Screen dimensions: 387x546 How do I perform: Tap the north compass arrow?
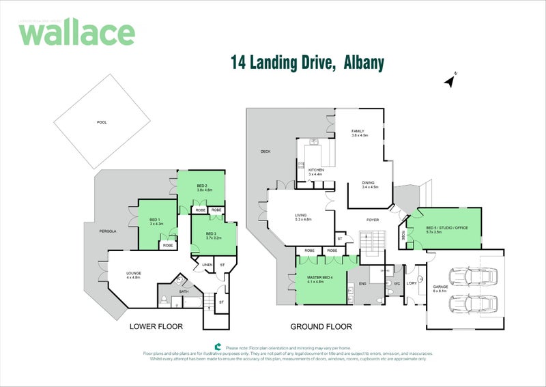(450, 81)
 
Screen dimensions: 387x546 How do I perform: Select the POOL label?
(102, 122)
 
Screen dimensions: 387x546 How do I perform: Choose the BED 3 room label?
(212, 234)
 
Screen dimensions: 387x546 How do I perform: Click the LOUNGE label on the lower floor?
(133, 274)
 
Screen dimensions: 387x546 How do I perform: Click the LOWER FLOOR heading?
(156, 327)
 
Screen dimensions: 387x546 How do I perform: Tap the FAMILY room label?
(358, 131)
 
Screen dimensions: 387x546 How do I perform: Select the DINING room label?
(369, 183)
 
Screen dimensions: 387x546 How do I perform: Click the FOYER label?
(372, 220)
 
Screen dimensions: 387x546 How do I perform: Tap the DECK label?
(265, 152)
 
